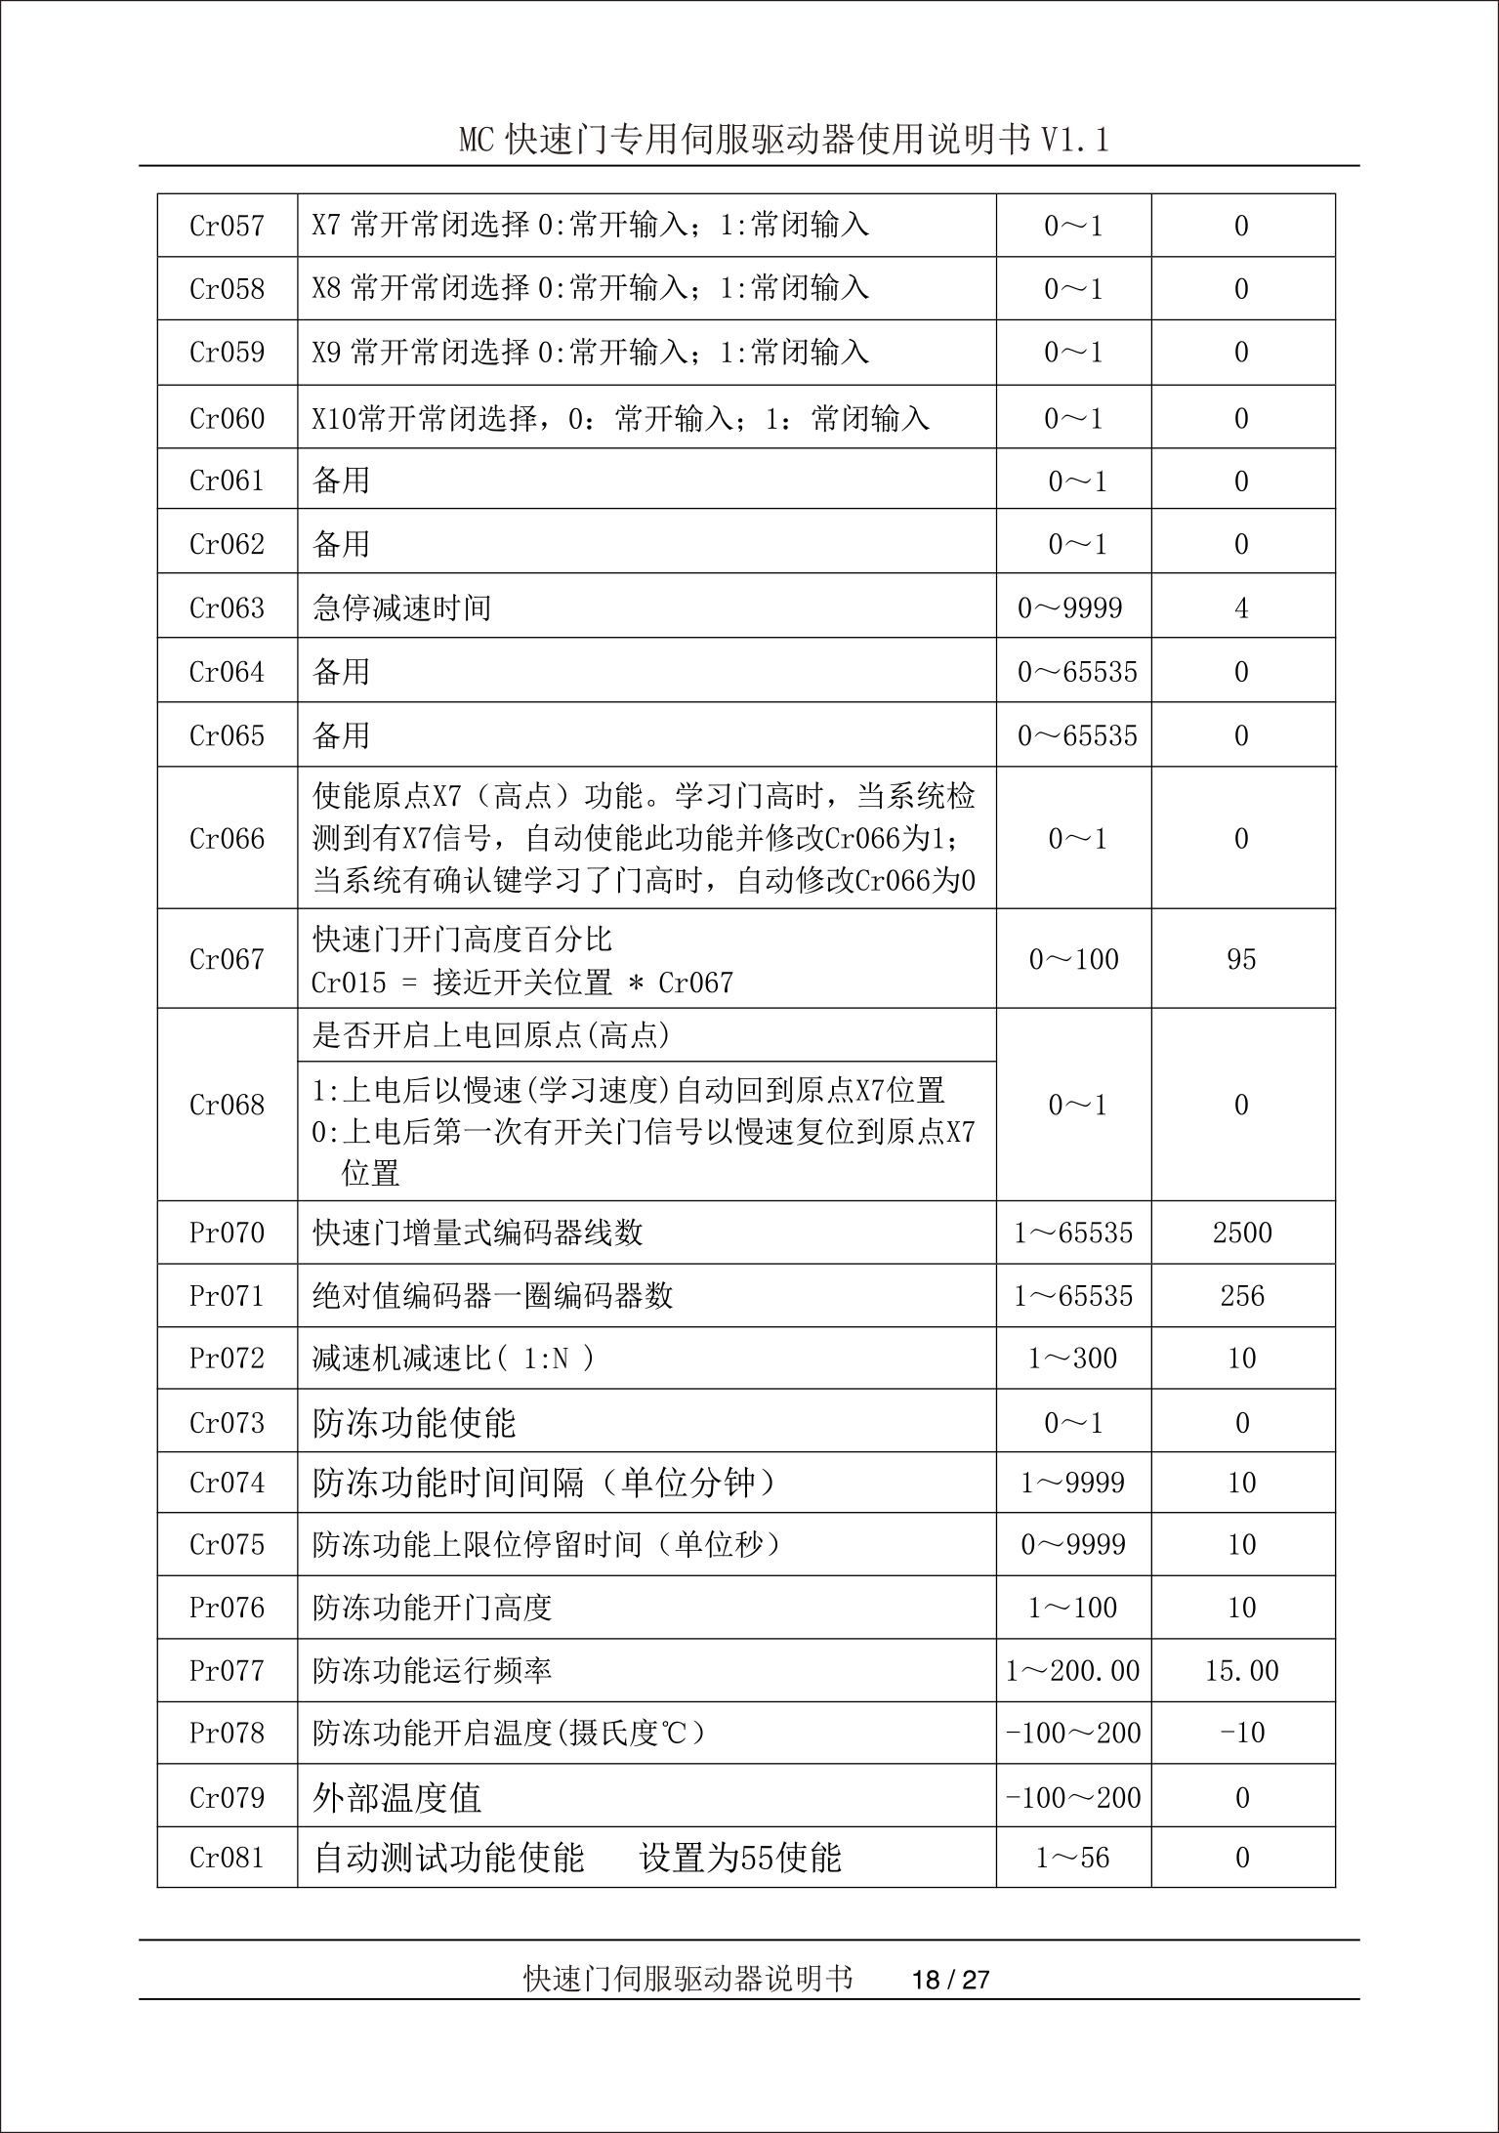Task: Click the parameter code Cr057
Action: (227, 227)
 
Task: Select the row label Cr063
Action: (227, 608)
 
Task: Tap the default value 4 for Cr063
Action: (1241, 608)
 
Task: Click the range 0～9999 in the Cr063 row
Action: (1070, 608)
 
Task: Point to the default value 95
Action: (1241, 959)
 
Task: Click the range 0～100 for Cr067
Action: (1073, 959)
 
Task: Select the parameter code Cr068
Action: (227, 1105)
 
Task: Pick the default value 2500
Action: (1242, 1233)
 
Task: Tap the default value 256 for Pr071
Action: (1242, 1296)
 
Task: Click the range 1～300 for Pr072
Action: (1072, 1359)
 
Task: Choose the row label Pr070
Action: (227, 1233)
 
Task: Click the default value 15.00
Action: (1241, 1671)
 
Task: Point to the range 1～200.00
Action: (1072, 1671)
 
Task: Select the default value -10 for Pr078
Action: (1242, 1734)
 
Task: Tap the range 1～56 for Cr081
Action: (1072, 1858)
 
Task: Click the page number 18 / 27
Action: (950, 1980)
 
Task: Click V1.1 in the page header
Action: (1074, 141)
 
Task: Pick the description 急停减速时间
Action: (401, 608)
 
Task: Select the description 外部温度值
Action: (396, 1797)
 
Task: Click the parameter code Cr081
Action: (227, 1858)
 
